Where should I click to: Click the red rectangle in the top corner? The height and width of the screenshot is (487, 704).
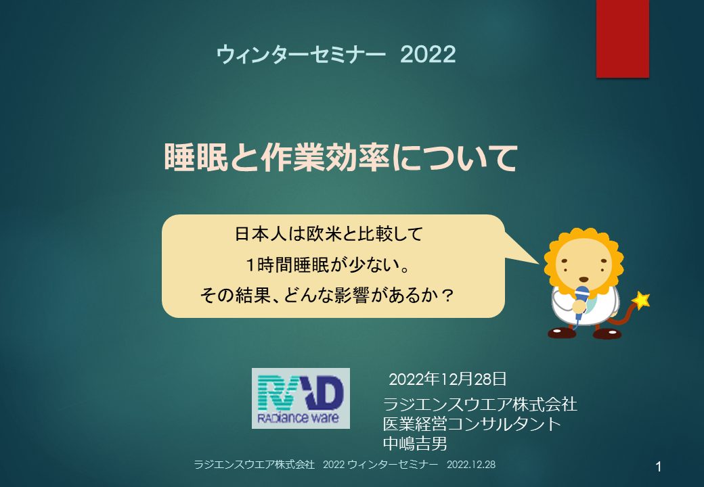pyautogui.click(x=622, y=39)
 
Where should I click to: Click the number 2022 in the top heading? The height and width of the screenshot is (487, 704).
pyautogui.click(x=428, y=55)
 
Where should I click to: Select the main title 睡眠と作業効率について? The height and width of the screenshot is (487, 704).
pyautogui.click(x=340, y=158)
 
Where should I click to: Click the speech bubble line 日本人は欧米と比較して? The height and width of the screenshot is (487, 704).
pyautogui.click(x=329, y=234)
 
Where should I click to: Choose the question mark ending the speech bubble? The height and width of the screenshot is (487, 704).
pyautogui.click(x=446, y=295)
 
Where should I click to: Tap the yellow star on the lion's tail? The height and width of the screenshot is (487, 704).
pyautogui.click(x=640, y=300)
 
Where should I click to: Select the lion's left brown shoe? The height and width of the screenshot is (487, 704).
pyautogui.click(x=562, y=333)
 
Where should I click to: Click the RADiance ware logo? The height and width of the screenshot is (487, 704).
pyautogui.click(x=301, y=398)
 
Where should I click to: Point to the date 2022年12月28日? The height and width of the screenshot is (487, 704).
pyautogui.click(x=447, y=379)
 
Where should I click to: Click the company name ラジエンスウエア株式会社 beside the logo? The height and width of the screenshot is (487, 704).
pyautogui.click(x=480, y=404)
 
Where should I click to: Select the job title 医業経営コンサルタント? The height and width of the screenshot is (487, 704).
pyautogui.click(x=472, y=424)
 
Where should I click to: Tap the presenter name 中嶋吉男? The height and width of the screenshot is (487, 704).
pyautogui.click(x=416, y=444)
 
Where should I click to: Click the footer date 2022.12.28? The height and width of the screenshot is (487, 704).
pyautogui.click(x=471, y=465)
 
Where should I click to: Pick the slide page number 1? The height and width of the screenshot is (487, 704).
pyautogui.click(x=658, y=467)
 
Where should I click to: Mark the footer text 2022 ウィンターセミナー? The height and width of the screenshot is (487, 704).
pyautogui.click(x=380, y=465)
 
